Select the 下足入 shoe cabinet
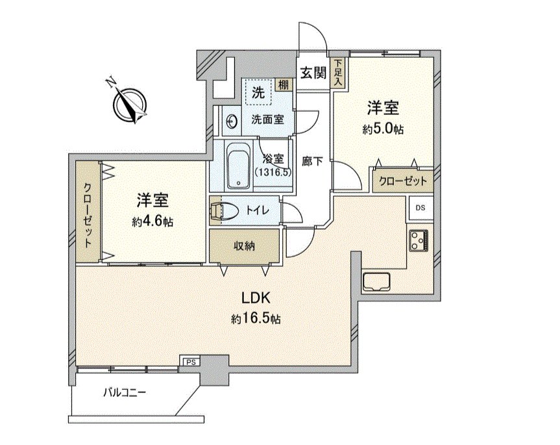point(337,72)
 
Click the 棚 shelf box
point(284,84)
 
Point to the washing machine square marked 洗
point(258,92)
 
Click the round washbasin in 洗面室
point(231,120)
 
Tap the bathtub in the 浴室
point(239,166)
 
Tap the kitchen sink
point(376,282)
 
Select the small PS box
point(189,361)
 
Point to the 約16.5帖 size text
point(255,319)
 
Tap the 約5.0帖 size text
point(383,129)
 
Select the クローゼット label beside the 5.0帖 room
point(403,181)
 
